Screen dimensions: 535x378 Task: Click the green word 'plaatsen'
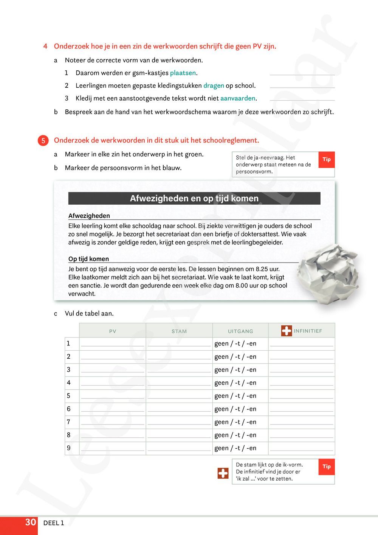[183, 73]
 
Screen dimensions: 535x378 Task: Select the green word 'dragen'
[214, 86]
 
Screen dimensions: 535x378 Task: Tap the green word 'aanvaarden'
[238, 98]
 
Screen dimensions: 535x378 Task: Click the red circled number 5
[43, 141]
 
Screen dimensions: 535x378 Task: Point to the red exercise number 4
[45, 47]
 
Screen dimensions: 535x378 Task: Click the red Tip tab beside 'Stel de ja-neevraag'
[327, 160]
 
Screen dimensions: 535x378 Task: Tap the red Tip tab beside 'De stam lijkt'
[327, 467]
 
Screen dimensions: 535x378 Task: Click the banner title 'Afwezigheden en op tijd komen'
[194, 199]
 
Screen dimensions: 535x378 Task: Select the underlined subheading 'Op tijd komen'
[88, 259]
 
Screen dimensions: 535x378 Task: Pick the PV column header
[113, 331]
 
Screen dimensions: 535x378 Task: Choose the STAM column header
[179, 331]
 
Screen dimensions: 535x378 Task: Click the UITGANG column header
[240, 331]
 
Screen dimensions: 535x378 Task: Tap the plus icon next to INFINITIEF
[287, 331]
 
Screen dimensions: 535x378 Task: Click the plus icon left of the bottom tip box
[223, 473]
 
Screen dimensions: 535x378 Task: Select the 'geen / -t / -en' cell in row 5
[235, 396]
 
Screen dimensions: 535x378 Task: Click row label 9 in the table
[68, 448]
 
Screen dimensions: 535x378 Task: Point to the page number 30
[30, 523]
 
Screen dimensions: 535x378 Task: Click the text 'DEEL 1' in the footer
[54, 523]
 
